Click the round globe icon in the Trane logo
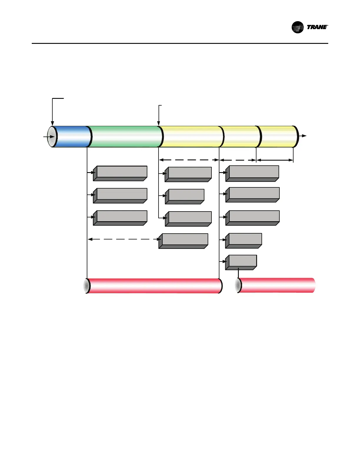297,27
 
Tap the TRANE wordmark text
317,27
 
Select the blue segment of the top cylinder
72,137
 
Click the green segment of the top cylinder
125,137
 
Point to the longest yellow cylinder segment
191,137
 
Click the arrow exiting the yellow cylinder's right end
303,136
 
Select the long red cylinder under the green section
154,286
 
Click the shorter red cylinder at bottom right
276,285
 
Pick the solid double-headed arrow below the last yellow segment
275,160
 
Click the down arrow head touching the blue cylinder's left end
52,123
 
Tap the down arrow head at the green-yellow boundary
159,124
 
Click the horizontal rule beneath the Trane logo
180,44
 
